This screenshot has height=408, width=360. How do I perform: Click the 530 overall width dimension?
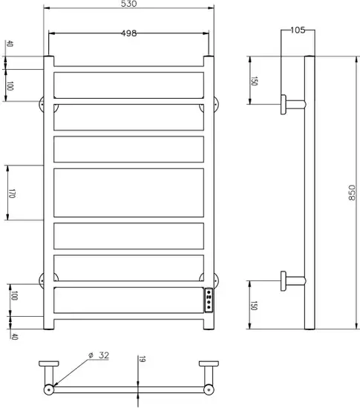point(129,4)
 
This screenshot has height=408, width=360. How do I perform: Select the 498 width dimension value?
point(129,33)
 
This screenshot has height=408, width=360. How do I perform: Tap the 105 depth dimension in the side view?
point(298,30)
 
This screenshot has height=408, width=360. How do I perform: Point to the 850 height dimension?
point(351,193)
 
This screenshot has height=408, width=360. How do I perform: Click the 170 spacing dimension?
point(11,194)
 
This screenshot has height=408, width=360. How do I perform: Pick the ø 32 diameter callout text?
point(99,355)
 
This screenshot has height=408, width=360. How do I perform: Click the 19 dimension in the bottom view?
point(142,359)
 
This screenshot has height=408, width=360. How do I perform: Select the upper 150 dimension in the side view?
point(254,81)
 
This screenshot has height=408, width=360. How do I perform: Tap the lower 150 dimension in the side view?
point(254,306)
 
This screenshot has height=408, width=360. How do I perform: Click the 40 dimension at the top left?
point(10,44)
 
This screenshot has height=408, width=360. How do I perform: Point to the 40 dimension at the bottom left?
point(14,337)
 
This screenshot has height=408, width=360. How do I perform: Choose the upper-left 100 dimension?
point(10,86)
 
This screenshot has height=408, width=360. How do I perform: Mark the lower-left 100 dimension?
point(14,295)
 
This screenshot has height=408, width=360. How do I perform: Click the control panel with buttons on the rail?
point(209,300)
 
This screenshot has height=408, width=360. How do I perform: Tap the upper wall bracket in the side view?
point(292,105)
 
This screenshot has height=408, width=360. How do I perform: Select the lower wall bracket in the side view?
point(292,281)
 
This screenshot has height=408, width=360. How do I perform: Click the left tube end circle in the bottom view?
point(49,389)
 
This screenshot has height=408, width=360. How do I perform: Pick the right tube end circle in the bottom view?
point(209,389)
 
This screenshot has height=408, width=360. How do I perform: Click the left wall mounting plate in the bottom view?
point(49,363)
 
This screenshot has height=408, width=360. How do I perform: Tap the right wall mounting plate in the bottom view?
point(209,363)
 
